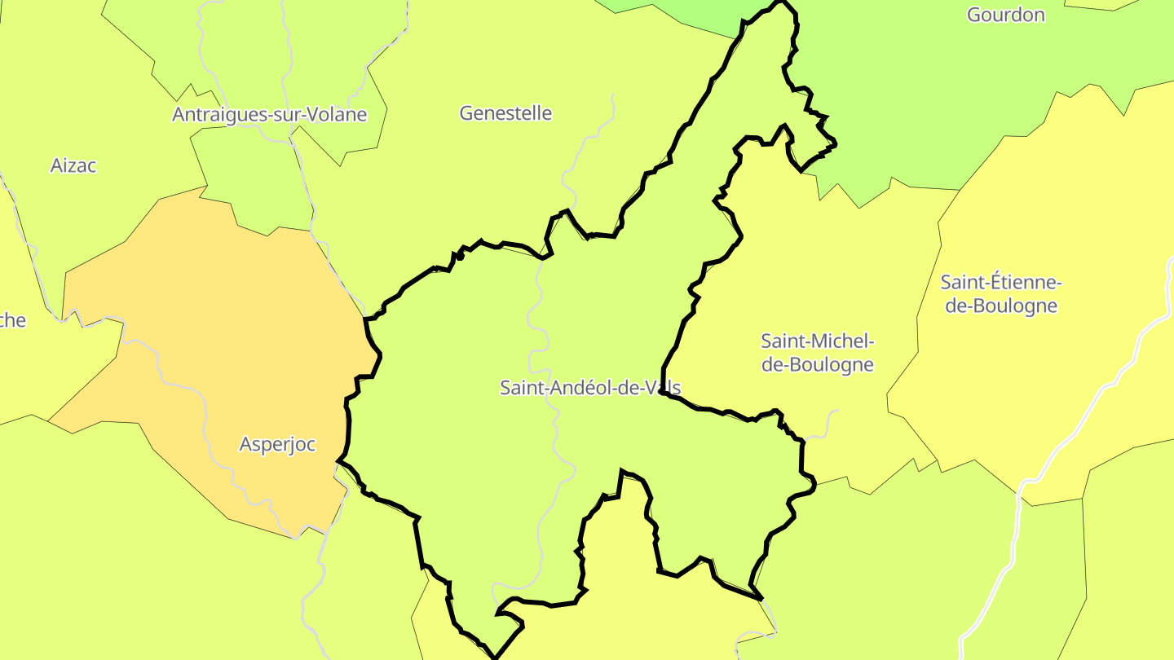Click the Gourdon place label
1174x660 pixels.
pos(1005,15)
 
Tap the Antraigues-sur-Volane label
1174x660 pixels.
pos(269,115)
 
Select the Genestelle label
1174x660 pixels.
pos(505,113)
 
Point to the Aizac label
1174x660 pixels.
pos(73,165)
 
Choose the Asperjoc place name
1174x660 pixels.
pos(277,445)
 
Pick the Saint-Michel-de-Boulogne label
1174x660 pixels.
pos(817,352)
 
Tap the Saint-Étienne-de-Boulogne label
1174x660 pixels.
pos(1000,294)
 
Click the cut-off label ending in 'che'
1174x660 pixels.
pos(11,320)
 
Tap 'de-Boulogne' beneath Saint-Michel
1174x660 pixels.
pos(817,365)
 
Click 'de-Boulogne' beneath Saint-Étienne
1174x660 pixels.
pos(1001,306)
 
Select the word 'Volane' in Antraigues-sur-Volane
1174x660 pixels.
pos(336,115)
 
